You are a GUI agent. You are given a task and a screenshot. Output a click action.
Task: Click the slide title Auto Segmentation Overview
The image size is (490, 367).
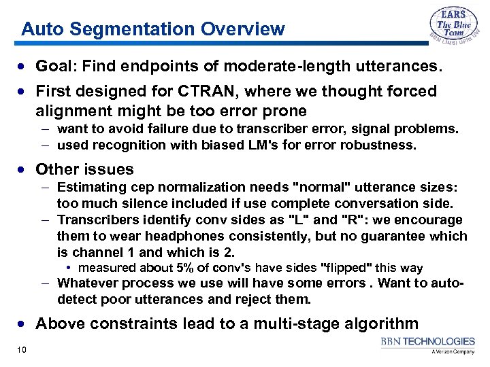pyautogui.click(x=153, y=29)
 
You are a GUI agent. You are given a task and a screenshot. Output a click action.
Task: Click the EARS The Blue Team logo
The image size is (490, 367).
pyautogui.click(x=453, y=29)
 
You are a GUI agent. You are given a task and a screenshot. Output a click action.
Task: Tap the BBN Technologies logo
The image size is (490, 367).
pyautogui.click(x=427, y=345)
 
